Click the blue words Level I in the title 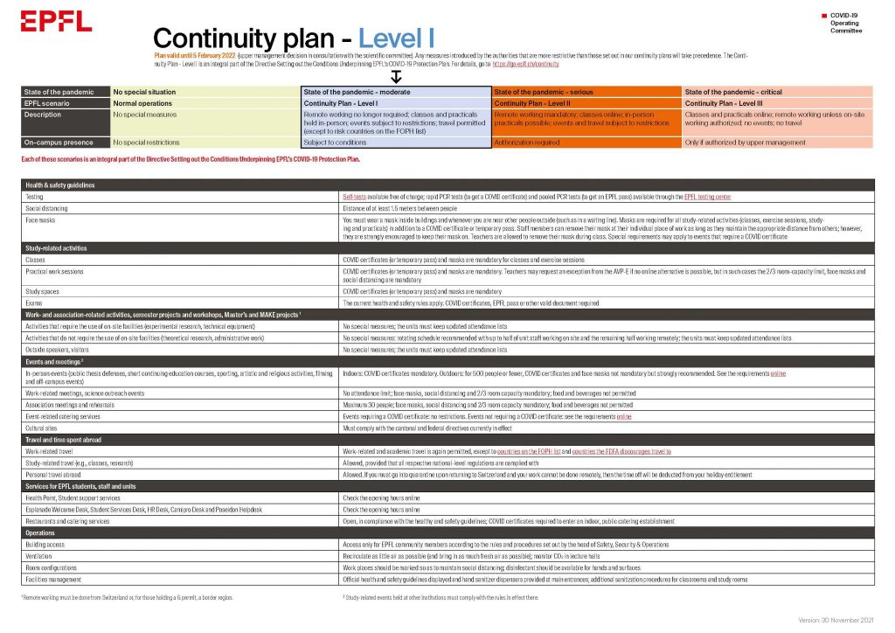click(397, 38)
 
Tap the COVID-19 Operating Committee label click(845, 23)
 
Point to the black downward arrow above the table click(395, 77)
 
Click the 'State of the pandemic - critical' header click(734, 92)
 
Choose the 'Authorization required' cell click(527, 142)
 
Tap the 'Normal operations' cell click(142, 103)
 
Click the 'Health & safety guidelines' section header click(60, 185)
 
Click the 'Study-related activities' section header click(57, 249)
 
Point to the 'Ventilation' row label click(42, 556)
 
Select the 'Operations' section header click(40, 532)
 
